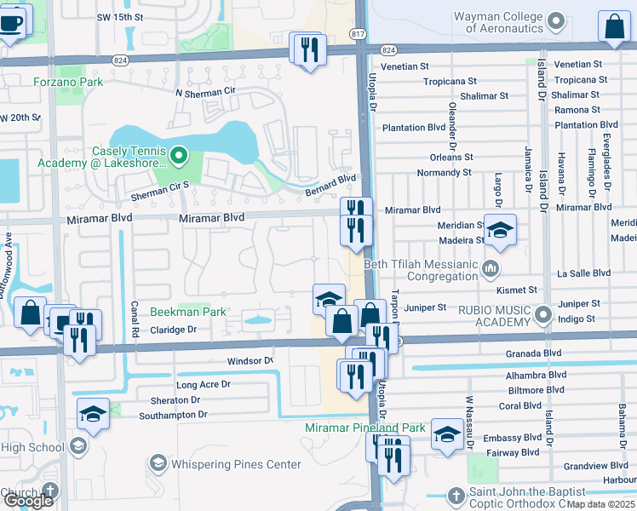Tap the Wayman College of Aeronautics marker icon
556,20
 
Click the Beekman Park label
189,312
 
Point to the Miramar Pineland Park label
365,428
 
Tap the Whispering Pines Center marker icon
158,463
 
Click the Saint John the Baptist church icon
456,495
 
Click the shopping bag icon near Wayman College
614,27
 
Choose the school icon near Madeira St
501,229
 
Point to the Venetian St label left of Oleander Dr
405,66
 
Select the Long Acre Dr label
203,385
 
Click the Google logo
28,500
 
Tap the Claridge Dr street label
174,330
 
